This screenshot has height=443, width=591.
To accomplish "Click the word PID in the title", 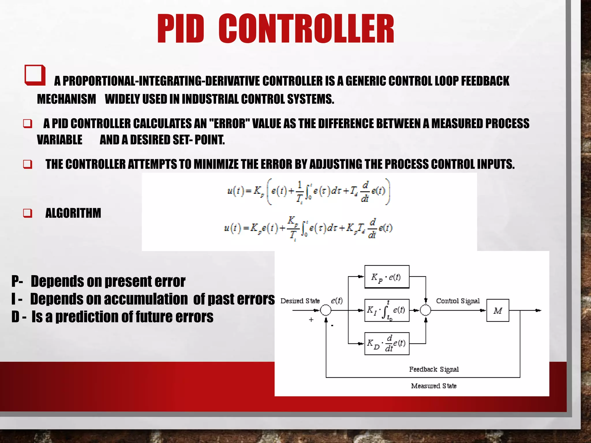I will (181, 29).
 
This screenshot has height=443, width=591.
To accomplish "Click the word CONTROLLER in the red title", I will (306, 29).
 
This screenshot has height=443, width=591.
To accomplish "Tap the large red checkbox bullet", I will (35, 75).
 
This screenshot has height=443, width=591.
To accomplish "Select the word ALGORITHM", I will (73, 213).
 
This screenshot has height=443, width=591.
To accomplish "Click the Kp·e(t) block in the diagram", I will (387, 277).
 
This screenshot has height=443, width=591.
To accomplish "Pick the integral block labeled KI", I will (387, 310).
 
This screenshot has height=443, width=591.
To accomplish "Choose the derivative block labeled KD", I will (387, 343).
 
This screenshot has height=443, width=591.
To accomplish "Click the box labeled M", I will (498, 310).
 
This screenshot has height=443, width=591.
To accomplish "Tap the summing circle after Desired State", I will (326, 310).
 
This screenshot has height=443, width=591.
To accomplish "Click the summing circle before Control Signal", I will (425, 310).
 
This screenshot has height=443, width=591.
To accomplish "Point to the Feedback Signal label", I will (434, 369).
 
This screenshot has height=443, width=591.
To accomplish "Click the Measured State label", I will (434, 386).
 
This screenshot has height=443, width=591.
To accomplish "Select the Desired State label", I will (300, 301).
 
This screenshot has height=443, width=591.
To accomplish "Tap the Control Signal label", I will (458, 301).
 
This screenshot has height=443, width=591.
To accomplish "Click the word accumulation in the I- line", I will (146, 299).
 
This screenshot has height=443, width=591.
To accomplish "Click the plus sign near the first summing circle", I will (311, 320).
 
